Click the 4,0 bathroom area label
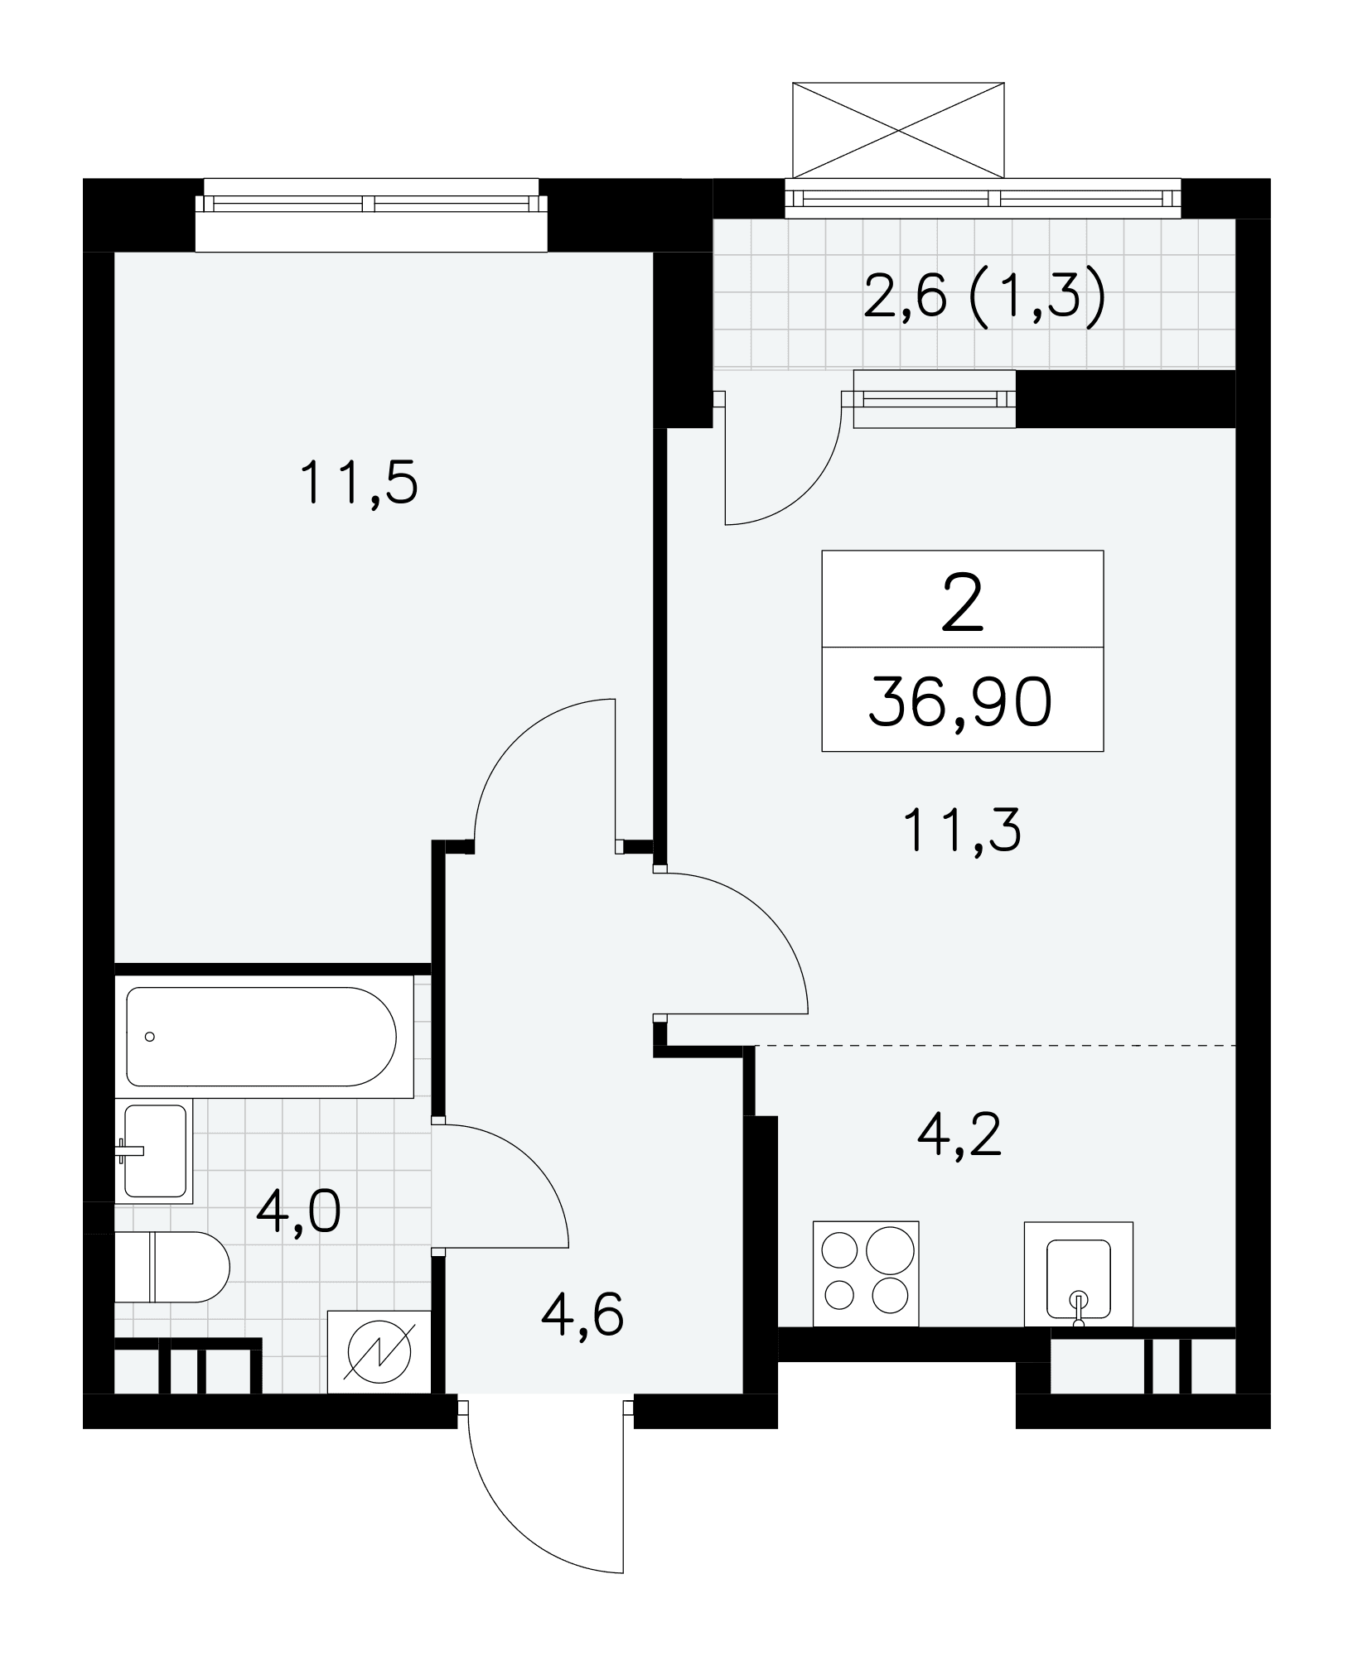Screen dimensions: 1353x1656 (298, 1213)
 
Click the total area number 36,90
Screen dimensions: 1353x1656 (961, 702)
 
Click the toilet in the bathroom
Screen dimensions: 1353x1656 (172, 1266)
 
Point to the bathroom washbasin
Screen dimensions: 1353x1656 (154, 1151)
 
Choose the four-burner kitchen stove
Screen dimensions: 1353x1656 (866, 1273)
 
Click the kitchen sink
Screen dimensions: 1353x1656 (1079, 1274)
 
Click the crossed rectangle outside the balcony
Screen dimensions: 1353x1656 (898, 130)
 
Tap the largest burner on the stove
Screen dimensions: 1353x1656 (892, 1247)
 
